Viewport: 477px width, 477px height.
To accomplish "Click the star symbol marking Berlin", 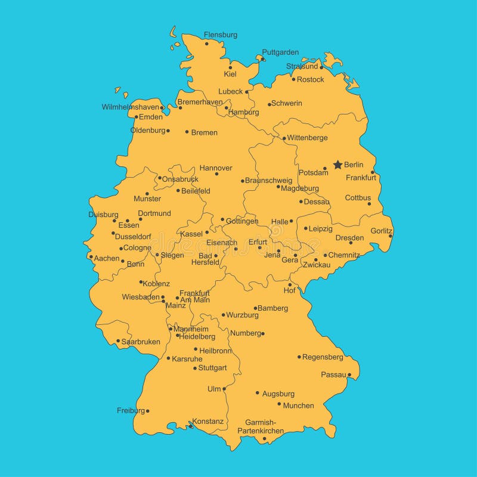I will [x=337, y=164].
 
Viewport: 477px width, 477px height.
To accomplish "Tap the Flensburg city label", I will [x=220, y=35].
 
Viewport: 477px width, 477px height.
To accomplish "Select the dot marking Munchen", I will [x=279, y=404].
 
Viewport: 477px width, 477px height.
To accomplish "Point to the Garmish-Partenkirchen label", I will [x=261, y=426].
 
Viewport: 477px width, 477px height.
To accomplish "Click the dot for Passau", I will [x=349, y=376].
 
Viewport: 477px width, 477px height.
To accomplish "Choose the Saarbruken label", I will [x=141, y=342].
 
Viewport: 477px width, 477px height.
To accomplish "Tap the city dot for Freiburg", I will [x=148, y=411].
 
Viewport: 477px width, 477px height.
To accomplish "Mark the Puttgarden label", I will [x=280, y=52].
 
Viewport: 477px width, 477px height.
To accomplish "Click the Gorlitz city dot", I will [x=391, y=236].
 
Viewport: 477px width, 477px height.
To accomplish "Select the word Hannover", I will [x=216, y=168].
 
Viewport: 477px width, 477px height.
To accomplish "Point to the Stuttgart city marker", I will [x=195, y=368].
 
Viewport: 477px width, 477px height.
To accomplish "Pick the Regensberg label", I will [x=323, y=357].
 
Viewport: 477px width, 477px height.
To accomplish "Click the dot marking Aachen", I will [x=91, y=257].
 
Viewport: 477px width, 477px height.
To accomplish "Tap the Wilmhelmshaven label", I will [x=131, y=107].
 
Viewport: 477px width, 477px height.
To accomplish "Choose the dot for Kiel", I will [x=230, y=67].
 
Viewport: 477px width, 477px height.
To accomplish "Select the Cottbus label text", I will [x=358, y=198].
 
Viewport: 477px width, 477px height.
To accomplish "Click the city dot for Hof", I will [x=290, y=284].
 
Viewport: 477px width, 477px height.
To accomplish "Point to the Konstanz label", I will [x=207, y=422].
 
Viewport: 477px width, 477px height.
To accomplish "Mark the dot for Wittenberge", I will [x=284, y=138].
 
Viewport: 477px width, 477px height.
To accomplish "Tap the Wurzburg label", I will [x=242, y=315].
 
